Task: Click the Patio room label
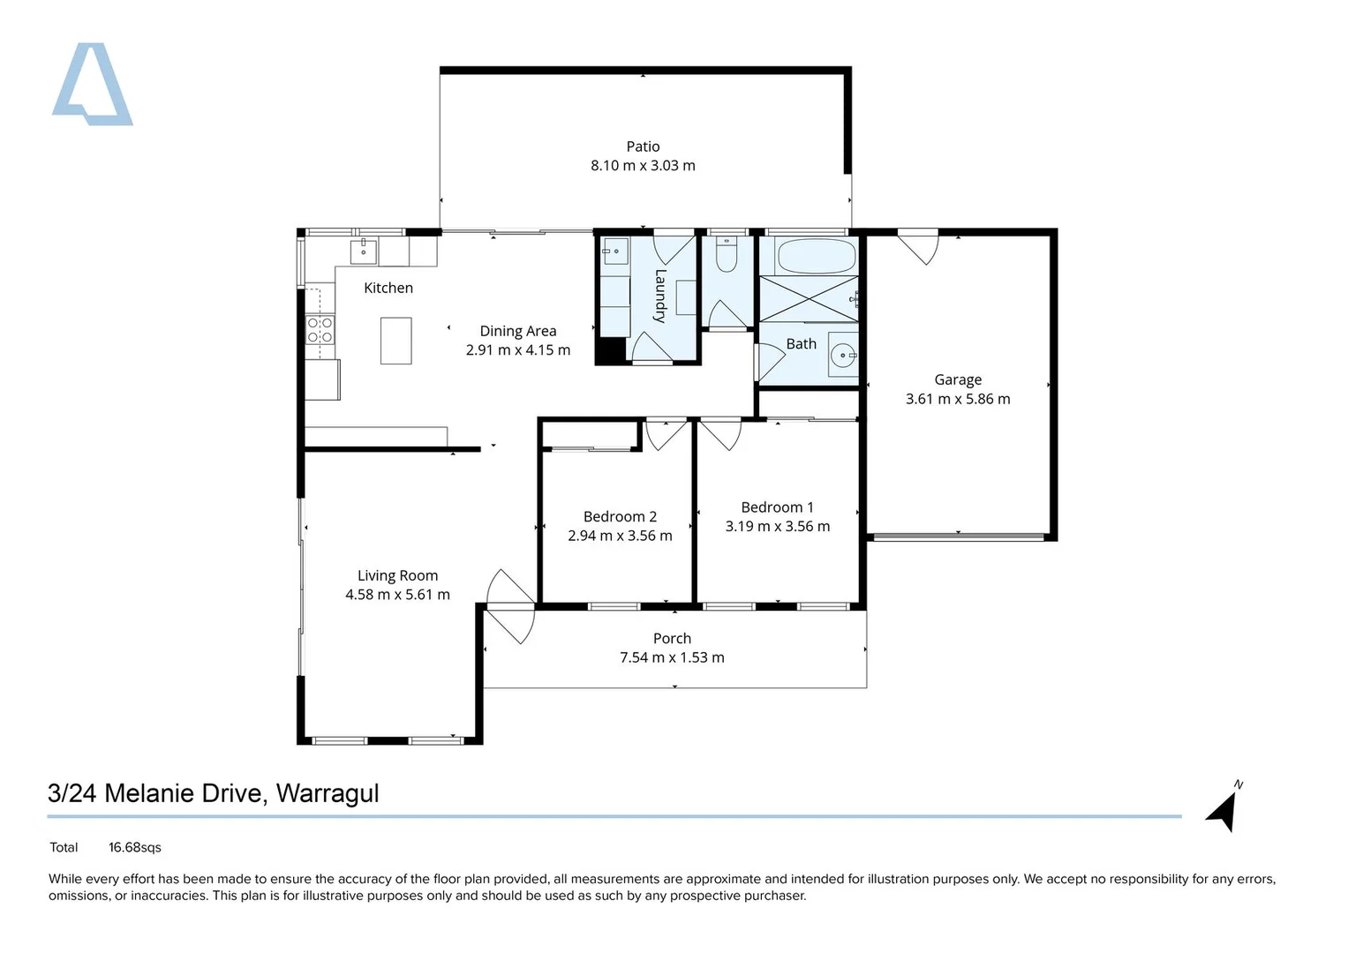point(643,146)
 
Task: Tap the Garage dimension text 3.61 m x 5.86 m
point(958,399)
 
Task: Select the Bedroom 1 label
point(777,507)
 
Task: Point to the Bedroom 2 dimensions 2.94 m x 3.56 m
point(620,536)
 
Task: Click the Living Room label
point(397,575)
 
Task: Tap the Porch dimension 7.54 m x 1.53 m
point(672,657)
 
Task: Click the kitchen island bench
point(396,341)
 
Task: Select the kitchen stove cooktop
point(320,330)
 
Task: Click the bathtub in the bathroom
point(816,256)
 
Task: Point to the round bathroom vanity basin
point(842,356)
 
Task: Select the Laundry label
point(660,296)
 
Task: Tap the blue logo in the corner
point(92,84)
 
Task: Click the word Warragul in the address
point(328,793)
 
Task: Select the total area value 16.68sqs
point(135,848)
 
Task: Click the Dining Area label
point(517,331)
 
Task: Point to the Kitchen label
point(388,289)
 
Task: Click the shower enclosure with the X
point(809,299)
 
